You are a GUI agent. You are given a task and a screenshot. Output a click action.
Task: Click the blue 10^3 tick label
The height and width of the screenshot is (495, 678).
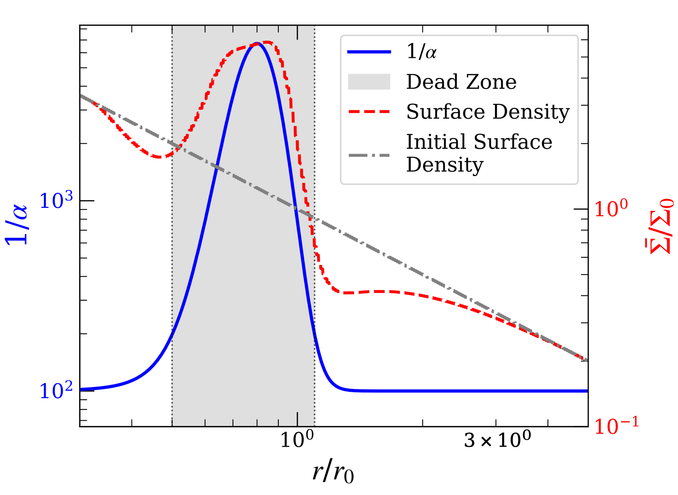[56, 201]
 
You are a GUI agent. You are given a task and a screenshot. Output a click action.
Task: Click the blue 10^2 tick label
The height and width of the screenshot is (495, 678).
[56, 390]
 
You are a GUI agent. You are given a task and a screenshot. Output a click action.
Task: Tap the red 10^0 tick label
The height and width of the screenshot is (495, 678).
[610, 209]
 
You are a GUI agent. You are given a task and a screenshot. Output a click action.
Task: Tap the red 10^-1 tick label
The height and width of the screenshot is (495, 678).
[616, 426]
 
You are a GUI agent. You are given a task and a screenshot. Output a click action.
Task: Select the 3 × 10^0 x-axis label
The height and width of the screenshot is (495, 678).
[497, 440]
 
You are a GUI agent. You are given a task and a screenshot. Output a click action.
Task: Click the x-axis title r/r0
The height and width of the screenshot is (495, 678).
[333, 471]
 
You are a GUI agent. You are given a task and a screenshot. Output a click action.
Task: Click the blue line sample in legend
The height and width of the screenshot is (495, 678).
[369, 52]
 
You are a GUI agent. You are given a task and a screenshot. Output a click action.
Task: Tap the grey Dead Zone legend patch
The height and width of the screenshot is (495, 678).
[369, 82]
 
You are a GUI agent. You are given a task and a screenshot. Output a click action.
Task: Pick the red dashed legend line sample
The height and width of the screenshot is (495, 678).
[369, 112]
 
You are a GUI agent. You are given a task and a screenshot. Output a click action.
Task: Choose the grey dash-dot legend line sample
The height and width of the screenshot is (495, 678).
[369, 155]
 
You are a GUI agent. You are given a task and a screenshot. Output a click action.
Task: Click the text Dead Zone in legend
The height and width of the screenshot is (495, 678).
[461, 82]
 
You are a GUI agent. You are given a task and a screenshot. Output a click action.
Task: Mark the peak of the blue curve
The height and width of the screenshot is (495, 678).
[257, 43]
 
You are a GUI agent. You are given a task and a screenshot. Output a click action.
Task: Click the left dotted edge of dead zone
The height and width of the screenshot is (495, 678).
[172, 254]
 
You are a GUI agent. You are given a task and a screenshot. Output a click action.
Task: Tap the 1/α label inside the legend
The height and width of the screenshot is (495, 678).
[421, 51]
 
